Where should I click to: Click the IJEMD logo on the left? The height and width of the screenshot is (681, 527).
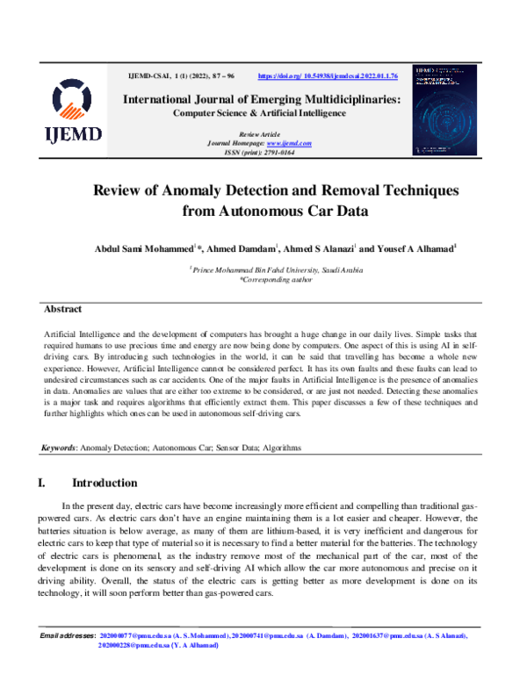click(75, 111)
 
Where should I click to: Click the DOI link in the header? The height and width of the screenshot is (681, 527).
click(328, 77)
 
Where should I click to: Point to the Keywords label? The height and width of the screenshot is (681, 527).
click(60, 448)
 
